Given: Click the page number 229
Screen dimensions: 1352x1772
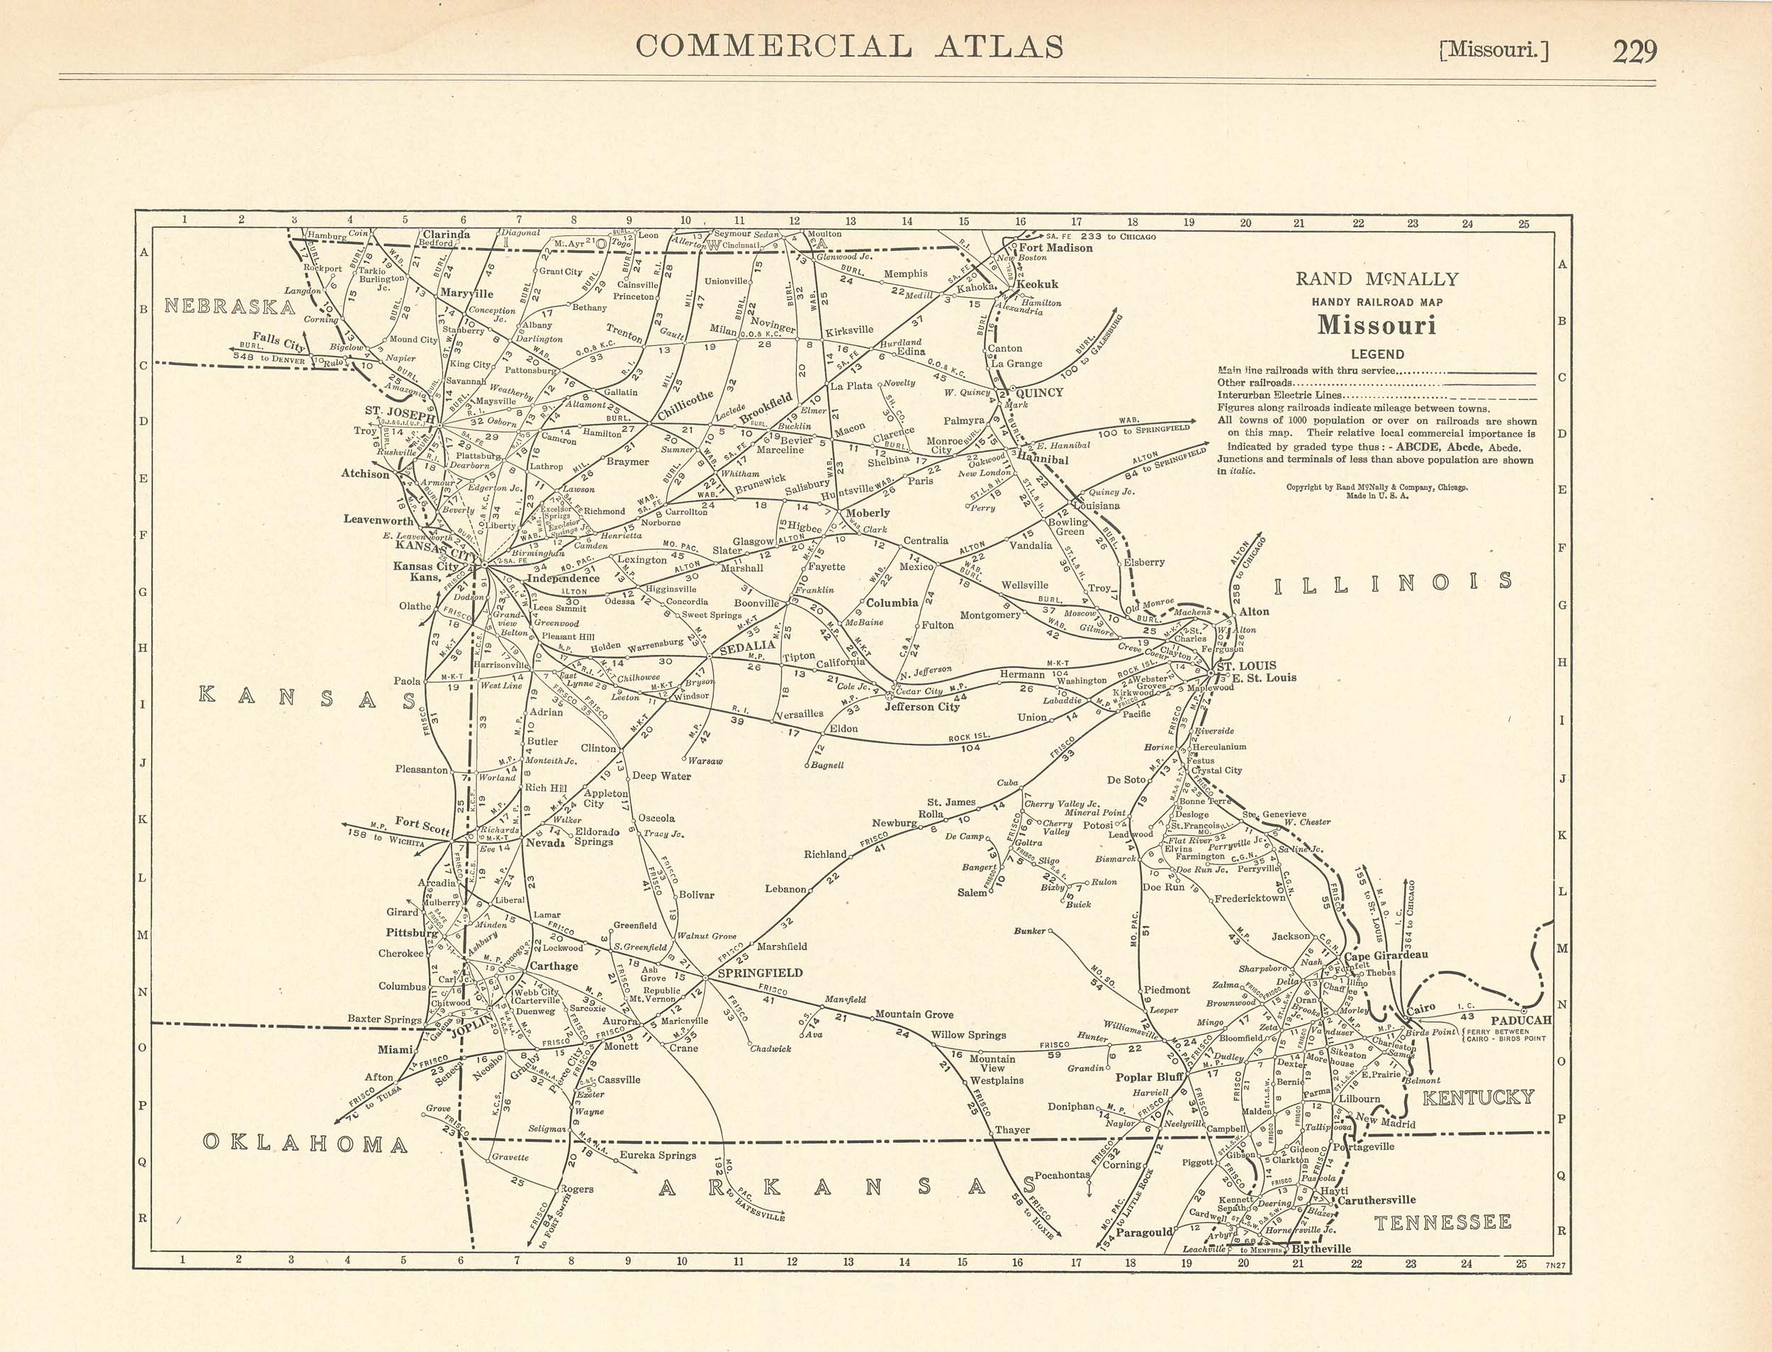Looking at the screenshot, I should (1634, 52).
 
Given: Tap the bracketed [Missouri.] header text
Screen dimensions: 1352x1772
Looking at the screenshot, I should (1493, 52).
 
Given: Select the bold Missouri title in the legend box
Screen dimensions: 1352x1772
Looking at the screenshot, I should (1376, 326).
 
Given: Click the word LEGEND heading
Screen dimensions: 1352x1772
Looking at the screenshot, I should (1377, 354).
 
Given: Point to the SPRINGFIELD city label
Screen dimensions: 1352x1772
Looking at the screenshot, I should (759, 972).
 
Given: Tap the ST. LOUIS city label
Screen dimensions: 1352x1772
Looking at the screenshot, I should (1246, 666).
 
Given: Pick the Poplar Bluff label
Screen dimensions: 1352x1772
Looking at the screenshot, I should (1149, 1077).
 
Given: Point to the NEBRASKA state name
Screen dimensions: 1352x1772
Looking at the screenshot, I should (230, 306).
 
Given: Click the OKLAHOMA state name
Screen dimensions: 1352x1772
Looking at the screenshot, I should (305, 1144).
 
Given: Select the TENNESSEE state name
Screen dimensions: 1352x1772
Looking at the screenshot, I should (1442, 1223).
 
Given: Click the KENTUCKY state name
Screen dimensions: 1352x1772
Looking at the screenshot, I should (1479, 1097).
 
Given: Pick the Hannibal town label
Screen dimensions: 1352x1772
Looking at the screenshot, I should (1043, 459).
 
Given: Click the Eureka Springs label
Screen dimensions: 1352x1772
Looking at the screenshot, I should (657, 1155).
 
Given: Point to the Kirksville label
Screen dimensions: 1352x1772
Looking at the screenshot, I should (848, 330).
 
